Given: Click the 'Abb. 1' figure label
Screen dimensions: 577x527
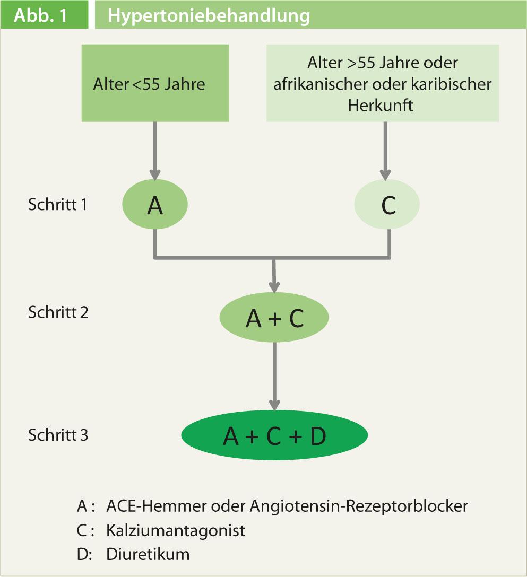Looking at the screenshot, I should (x=41, y=15).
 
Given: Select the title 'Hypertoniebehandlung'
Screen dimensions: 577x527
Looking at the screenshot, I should (x=209, y=15).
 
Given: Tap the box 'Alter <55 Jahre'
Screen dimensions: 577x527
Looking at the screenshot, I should (x=154, y=83).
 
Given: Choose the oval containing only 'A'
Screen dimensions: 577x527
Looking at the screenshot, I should (x=155, y=206).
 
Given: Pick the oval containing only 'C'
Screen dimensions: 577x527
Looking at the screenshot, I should (x=387, y=206).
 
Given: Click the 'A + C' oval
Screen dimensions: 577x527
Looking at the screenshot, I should (x=274, y=318).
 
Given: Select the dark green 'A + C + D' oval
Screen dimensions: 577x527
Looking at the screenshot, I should (x=274, y=436).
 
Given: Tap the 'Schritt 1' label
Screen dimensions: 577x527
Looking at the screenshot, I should (x=57, y=205).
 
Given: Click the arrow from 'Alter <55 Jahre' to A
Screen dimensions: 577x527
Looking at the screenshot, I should (x=155, y=151).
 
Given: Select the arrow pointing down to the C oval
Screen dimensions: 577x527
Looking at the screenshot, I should (x=386, y=151).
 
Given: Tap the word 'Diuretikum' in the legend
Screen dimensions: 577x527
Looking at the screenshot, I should (x=148, y=555).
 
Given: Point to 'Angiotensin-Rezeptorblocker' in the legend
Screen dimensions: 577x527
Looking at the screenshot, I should (x=358, y=506).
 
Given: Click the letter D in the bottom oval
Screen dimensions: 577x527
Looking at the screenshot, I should (x=317, y=436).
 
